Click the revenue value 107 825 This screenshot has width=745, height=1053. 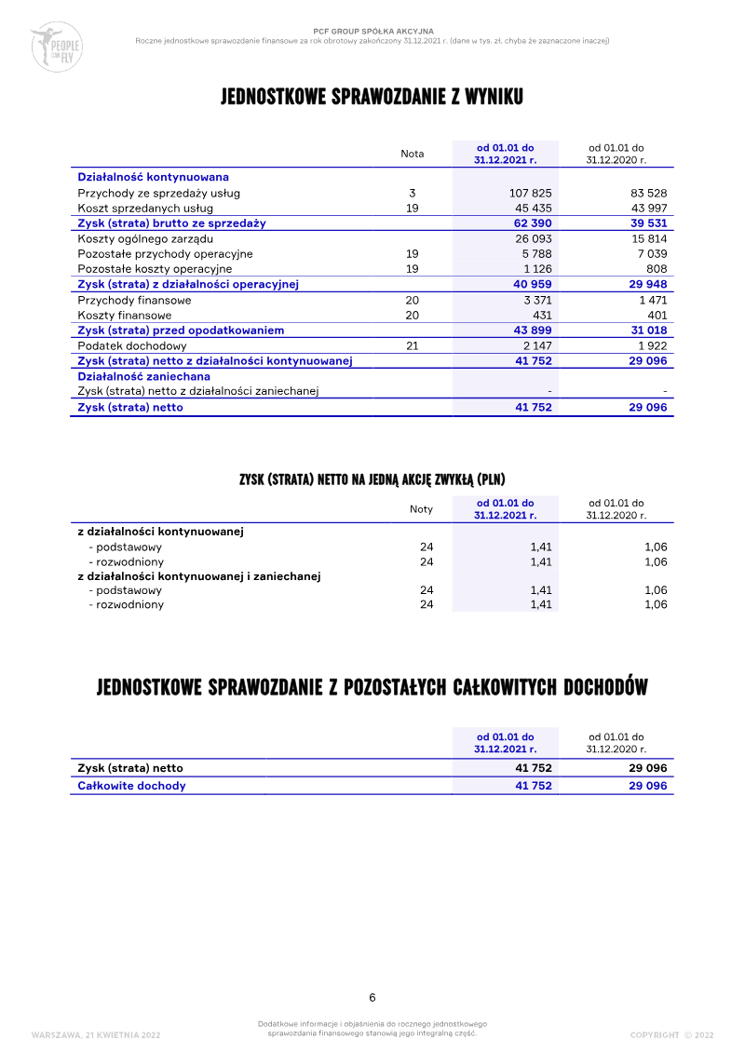[532, 193]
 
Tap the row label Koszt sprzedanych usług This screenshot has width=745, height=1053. [145, 208]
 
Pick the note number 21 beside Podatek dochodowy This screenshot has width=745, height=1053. [413, 345]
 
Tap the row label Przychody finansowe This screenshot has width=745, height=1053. [134, 300]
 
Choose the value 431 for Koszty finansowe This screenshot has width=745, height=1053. [541, 315]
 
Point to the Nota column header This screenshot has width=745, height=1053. [412, 154]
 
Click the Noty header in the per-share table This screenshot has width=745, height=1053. [421, 508]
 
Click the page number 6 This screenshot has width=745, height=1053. [372, 997]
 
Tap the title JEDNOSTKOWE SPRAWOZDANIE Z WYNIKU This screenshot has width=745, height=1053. [372, 98]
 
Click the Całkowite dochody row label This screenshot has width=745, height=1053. [131, 785]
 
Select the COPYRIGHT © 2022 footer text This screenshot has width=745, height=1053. [671, 1034]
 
